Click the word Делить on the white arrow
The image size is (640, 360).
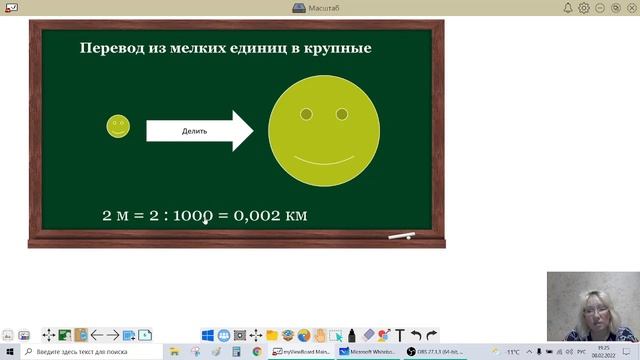tap(194, 131)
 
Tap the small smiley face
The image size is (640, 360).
tap(118, 126)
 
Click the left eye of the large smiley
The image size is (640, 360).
tap(306, 114)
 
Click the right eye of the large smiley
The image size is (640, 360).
tap(342, 114)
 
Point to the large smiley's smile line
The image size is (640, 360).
tap(324, 161)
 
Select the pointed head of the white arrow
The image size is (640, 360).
tap(243, 130)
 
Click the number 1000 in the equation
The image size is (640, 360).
tap(188, 215)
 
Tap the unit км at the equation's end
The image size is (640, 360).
tap(295, 215)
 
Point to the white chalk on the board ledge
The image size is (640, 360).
tap(401, 236)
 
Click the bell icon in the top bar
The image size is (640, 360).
tap(568, 7)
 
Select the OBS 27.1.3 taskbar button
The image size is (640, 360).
tap(437, 352)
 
